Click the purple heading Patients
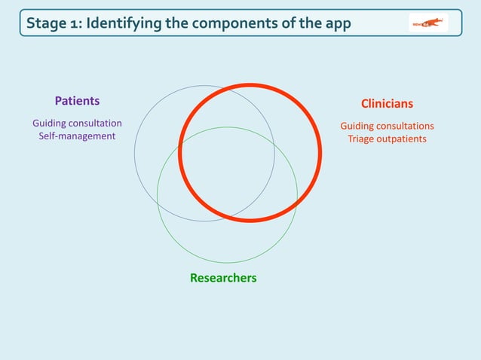[77, 101]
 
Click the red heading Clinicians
[387, 104]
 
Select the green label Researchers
[223, 278]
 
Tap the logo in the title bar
[428, 23]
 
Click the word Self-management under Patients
[77, 136]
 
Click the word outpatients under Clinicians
[402, 139]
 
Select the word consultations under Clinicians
[403, 126]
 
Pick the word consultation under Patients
[94, 123]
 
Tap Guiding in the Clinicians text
[356, 126]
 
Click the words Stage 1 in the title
[54, 23]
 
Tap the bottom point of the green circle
[227, 263]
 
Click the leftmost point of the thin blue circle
[135, 153]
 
